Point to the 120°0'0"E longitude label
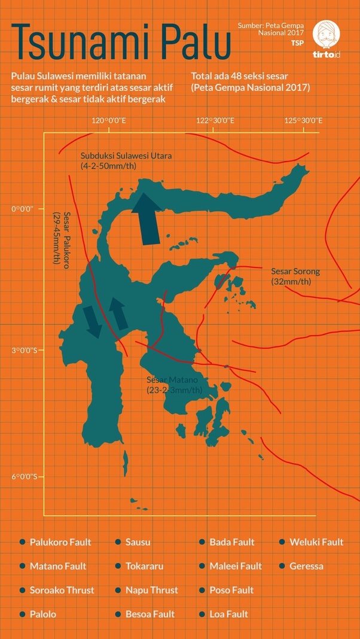(108, 121)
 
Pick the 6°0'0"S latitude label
(25, 477)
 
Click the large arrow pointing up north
(147, 215)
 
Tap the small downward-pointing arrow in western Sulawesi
(92, 320)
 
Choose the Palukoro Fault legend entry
(60, 542)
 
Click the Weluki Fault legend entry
(316, 542)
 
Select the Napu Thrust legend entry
(151, 590)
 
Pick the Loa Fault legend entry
(228, 614)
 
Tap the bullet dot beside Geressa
(282, 566)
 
